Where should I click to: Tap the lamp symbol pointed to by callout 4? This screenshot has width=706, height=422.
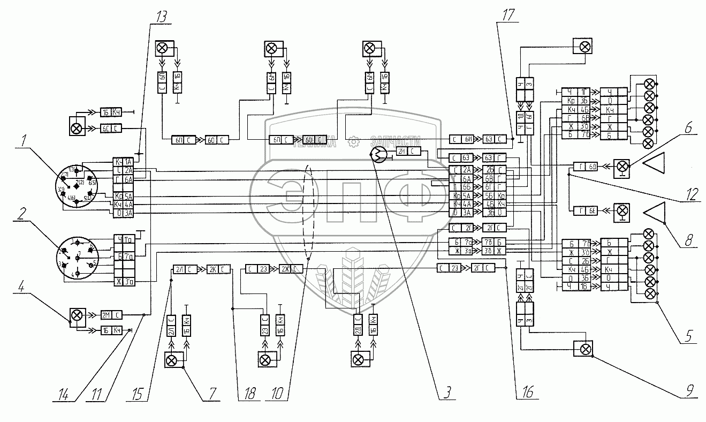pos(77,315)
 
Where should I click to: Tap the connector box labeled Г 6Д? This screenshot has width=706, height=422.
pos(586,165)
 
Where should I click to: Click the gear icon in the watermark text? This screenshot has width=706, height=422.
pos(352,142)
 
